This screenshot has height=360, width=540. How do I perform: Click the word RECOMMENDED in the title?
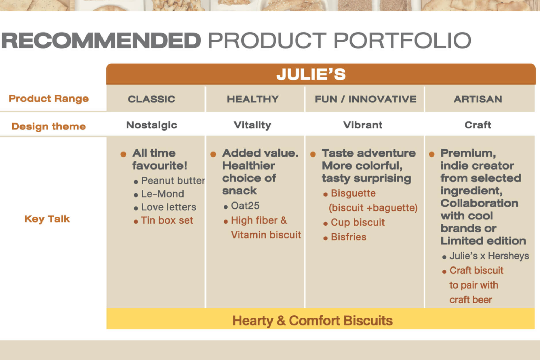[x=101, y=40]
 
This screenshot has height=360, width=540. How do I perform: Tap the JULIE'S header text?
[x=311, y=74]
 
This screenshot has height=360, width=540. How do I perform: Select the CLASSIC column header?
[x=151, y=99]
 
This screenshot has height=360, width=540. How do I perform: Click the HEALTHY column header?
[x=253, y=99]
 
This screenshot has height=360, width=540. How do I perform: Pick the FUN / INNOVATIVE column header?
[x=366, y=99]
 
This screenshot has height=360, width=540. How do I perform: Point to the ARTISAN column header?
[x=478, y=99]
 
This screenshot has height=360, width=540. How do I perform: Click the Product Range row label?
[x=49, y=98]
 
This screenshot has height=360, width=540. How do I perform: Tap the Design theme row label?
[x=49, y=126]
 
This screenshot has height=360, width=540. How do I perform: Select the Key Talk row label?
[x=47, y=219]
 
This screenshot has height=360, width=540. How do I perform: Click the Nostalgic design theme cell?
[x=152, y=125]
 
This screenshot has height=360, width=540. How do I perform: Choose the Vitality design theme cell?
[x=252, y=125]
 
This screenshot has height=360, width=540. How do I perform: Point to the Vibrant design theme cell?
[x=363, y=125]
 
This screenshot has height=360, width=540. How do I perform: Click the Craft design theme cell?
[x=478, y=125]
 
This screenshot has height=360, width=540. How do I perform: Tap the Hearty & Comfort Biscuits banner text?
[x=312, y=321]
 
